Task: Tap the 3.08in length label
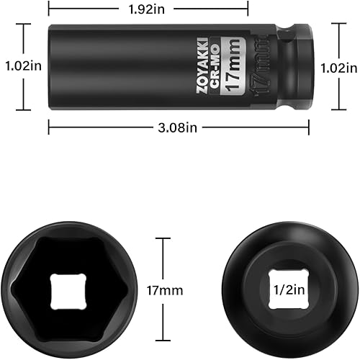click(180, 127)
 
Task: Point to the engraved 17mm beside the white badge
click(255, 67)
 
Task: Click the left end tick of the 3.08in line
click(49, 127)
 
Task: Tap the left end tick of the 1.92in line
click(49, 10)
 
